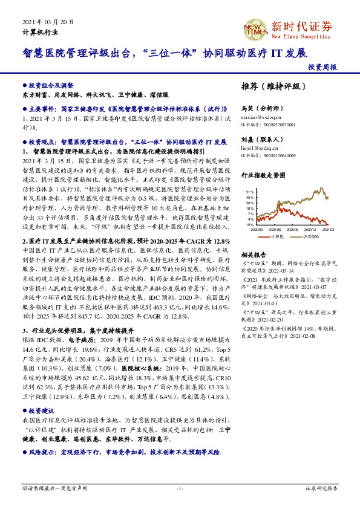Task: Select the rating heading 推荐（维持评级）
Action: pos(273,86)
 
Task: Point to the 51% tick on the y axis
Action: pos(250,191)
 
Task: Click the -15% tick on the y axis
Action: pos(250,224)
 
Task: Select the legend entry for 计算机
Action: pos(277,237)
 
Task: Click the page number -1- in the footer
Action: pos(180,487)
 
